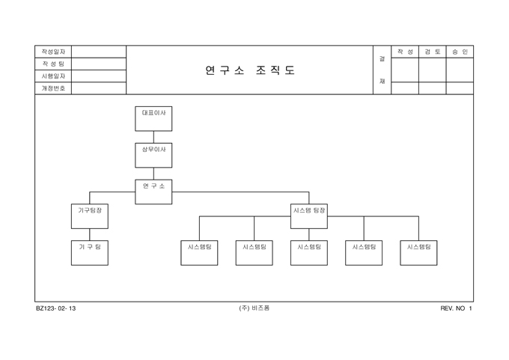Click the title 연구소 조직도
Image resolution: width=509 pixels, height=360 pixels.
tap(250, 70)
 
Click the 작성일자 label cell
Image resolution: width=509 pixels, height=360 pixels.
tap(53, 52)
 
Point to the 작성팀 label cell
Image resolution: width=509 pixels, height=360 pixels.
tap(53, 64)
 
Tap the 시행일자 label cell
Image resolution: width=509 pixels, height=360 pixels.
tap(53, 76)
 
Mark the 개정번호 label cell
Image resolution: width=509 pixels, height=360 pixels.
tap(53, 88)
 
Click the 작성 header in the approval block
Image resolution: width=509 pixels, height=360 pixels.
tap(405, 52)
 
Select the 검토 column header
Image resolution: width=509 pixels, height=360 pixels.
tap(432, 52)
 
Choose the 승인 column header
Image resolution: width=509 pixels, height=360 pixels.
tap(460, 52)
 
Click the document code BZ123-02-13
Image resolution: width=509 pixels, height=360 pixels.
tap(55, 308)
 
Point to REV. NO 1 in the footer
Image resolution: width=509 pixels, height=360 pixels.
tap(457, 308)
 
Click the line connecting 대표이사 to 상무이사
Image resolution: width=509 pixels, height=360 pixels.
tap(153, 137)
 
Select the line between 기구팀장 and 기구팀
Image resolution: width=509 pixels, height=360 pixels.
tap(90, 234)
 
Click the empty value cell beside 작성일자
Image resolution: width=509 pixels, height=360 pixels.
tap(99, 52)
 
